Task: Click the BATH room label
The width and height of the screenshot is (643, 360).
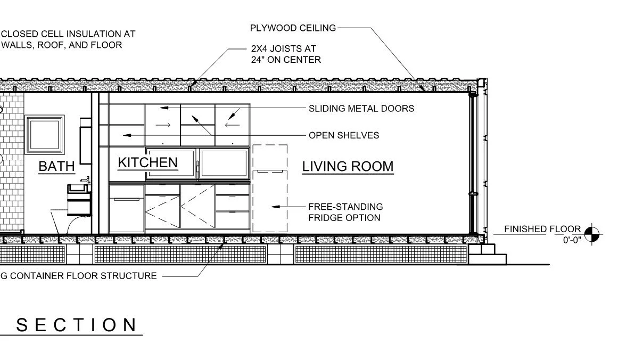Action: [56, 166]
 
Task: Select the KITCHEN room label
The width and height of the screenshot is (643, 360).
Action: [147, 162]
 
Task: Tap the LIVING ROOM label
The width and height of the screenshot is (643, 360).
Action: [348, 166]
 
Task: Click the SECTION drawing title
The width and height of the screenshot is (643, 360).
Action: [76, 325]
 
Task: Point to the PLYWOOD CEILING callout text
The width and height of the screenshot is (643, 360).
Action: [293, 28]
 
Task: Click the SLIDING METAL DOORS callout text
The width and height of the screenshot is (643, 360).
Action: [361, 109]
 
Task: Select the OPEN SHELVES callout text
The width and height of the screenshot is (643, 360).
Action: [344, 135]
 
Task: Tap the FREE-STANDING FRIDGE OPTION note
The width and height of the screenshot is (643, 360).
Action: [345, 212]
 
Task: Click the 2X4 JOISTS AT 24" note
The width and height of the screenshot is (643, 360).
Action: [286, 54]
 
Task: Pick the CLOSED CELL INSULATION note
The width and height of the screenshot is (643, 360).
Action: [69, 39]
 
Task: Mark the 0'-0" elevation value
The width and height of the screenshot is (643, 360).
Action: [572, 240]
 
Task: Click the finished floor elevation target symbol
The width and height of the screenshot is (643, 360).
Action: [591, 233]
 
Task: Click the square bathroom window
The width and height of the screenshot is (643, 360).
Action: [42, 136]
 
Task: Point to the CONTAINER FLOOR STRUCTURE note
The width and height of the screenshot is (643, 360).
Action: [80, 276]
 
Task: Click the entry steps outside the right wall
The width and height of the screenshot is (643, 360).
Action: [493, 254]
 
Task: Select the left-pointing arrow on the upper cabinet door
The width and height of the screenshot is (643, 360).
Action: [232, 126]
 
